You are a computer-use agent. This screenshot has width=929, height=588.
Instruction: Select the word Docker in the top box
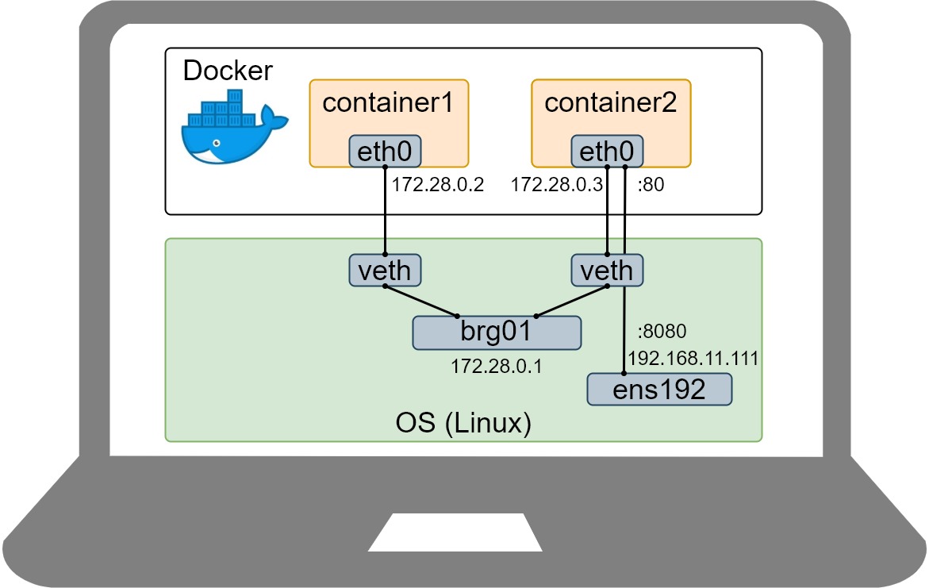point(228,71)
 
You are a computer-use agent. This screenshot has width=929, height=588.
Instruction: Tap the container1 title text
point(388,103)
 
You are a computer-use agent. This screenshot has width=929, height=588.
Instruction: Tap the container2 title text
point(610,103)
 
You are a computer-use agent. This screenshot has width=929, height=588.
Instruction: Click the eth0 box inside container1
point(385,152)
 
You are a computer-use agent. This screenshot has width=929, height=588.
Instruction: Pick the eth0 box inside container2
point(607,152)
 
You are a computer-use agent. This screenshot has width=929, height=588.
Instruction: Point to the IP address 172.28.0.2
point(438,186)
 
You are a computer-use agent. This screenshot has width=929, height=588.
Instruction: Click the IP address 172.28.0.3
point(556,186)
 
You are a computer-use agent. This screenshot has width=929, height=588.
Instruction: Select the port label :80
point(651,186)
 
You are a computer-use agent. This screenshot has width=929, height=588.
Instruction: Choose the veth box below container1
point(385,271)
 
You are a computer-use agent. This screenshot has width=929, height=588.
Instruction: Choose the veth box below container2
point(607,271)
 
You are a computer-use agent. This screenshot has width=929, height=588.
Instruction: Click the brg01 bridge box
point(497,332)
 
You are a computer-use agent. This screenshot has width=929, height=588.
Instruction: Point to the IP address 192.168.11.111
point(693,358)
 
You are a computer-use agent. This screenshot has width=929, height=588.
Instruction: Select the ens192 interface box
point(658,390)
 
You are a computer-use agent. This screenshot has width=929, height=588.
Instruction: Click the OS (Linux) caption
point(463,422)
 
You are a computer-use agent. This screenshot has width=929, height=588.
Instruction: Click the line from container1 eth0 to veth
point(385,211)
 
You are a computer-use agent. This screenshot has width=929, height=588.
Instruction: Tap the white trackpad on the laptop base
point(455,532)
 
